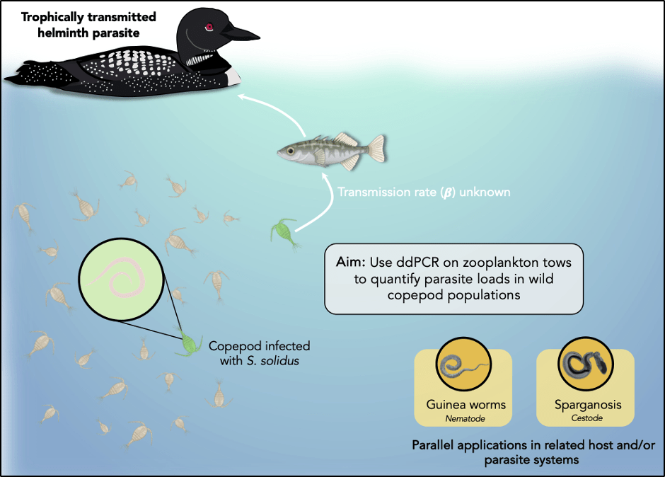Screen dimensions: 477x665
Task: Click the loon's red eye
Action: point(209,28)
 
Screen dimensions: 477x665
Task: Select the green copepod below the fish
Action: point(280,231)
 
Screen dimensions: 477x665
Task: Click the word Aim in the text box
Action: point(349,263)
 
